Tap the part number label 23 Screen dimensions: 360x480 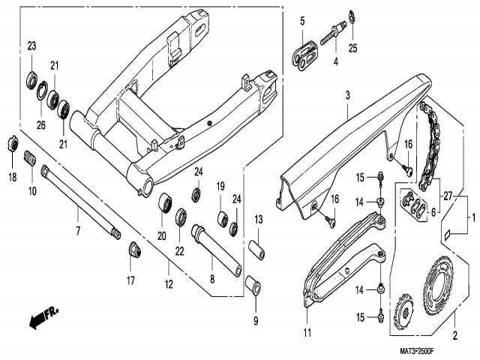click(x=31, y=46)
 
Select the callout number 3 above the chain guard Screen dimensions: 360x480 click(x=347, y=95)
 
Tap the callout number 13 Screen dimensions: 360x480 click(x=257, y=219)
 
